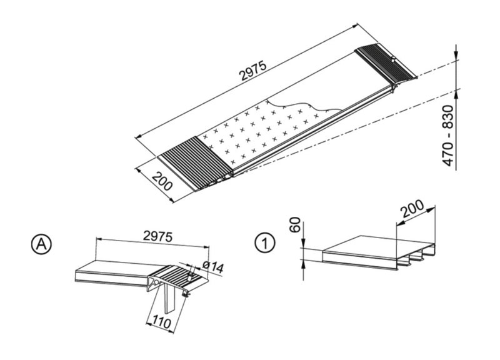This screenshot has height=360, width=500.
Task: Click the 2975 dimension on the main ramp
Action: pyautogui.click(x=252, y=71)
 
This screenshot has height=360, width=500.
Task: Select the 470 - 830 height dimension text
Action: pyautogui.click(x=448, y=135)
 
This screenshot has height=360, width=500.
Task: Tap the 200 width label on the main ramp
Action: pyautogui.click(x=162, y=181)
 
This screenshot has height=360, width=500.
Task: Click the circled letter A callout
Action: pyautogui.click(x=41, y=244)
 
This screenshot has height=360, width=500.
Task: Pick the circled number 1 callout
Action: pyautogui.click(x=264, y=243)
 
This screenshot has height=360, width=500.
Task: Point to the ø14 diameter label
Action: pyautogui.click(x=212, y=267)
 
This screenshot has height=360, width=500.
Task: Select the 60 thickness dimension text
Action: pyautogui.click(x=295, y=224)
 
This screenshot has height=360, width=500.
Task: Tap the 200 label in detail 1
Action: pyautogui.click(x=412, y=209)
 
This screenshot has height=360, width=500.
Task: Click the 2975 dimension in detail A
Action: pyautogui.click(x=157, y=236)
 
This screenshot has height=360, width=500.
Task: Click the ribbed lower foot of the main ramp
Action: pyautogui.click(x=196, y=163)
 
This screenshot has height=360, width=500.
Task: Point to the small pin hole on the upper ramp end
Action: pyautogui.click(x=394, y=59)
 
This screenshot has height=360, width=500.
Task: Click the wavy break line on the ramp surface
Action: pyautogui.click(x=304, y=105)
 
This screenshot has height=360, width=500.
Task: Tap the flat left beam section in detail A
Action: pyautogui.click(x=112, y=272)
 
